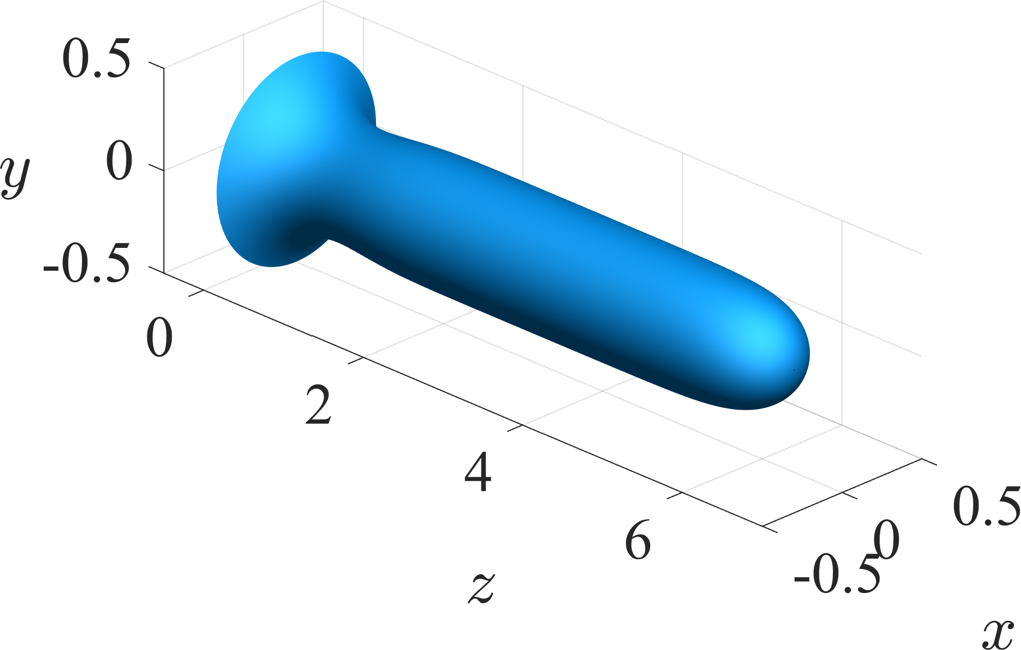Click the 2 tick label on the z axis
coord(319,406)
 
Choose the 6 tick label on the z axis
coord(638,542)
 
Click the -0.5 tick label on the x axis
coord(836,577)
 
